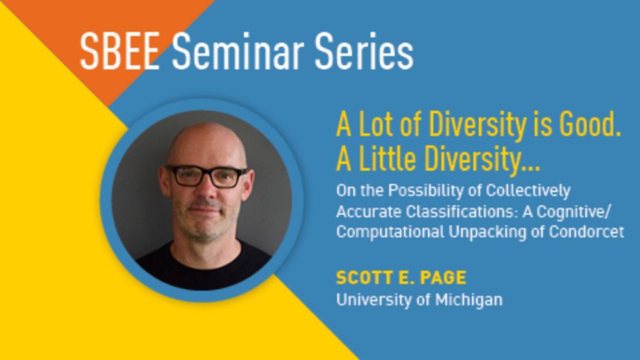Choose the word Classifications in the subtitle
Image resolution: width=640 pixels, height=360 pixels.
tap(450, 212)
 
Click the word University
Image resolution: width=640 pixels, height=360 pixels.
tap(369, 299)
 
